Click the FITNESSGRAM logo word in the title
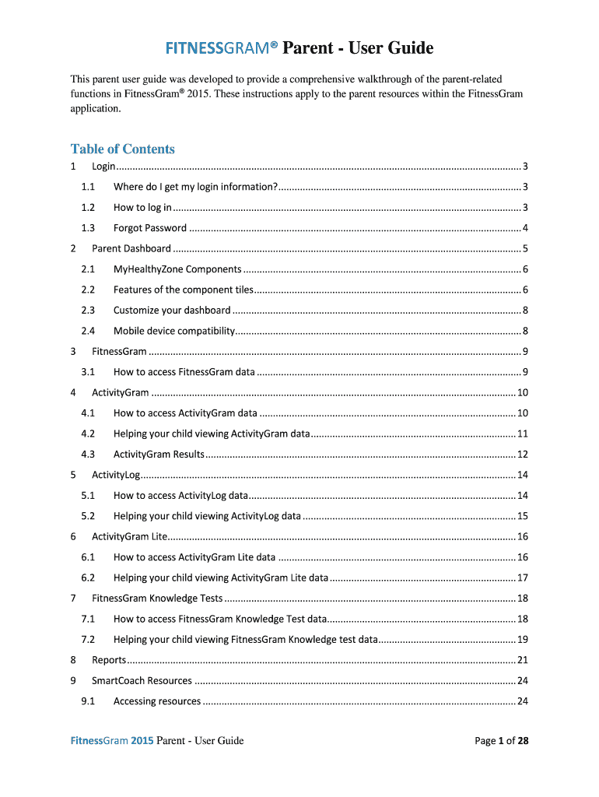[221, 49]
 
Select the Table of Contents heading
[122, 149]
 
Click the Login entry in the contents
[103, 167]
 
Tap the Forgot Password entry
[150, 228]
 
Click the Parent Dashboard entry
[131, 249]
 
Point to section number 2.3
[88, 311]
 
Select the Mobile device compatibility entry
[174, 331]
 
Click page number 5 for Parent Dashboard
[526, 249]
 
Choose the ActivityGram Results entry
[159, 455]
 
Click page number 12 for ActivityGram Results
[523, 455]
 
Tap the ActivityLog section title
[115, 475]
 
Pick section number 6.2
[88, 578]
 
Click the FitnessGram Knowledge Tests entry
[157, 599]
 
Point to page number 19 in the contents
[523, 640]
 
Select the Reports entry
[109, 660]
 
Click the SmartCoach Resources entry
[142, 681]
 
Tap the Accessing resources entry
[157, 701]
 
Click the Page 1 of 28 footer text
[502, 741]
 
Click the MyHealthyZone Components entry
[177, 269]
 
